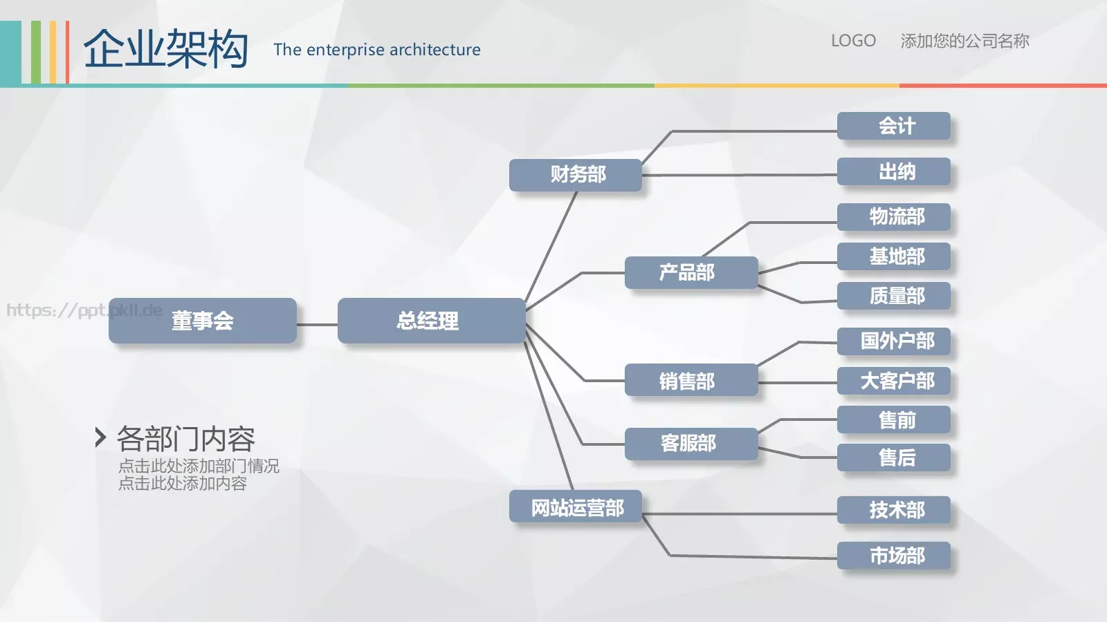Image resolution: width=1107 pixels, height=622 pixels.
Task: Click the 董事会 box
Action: coord(203,321)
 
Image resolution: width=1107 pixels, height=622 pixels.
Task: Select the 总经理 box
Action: coord(432,321)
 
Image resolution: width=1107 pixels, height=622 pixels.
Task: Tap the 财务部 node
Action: coord(576,175)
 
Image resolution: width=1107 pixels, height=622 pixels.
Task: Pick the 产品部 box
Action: coord(691,272)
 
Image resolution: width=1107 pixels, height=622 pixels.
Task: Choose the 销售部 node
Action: coord(691,380)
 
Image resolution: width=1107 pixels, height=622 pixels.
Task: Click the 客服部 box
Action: coord(691,444)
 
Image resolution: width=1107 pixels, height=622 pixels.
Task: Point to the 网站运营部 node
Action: coord(576,506)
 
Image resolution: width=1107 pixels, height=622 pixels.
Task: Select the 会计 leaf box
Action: coord(894,126)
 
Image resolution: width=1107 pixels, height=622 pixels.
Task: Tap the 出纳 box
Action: coord(894,171)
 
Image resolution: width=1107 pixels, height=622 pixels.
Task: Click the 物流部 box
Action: coord(894,217)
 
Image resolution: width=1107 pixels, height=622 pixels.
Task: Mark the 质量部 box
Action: coord(894,296)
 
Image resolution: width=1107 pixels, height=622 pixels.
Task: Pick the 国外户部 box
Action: coord(894,341)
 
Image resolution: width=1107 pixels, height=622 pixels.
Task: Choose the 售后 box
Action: coord(894,457)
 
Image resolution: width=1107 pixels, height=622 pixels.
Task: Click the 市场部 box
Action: coord(894,556)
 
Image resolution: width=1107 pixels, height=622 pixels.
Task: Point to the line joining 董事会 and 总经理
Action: coord(318,325)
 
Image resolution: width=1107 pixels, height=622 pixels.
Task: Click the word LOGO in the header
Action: coord(854,41)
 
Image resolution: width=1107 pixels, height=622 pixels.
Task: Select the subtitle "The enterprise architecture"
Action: coord(377,49)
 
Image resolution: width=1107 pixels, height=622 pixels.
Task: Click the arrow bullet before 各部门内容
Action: coord(100,437)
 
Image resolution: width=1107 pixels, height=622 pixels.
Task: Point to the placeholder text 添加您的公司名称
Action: coord(964,41)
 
